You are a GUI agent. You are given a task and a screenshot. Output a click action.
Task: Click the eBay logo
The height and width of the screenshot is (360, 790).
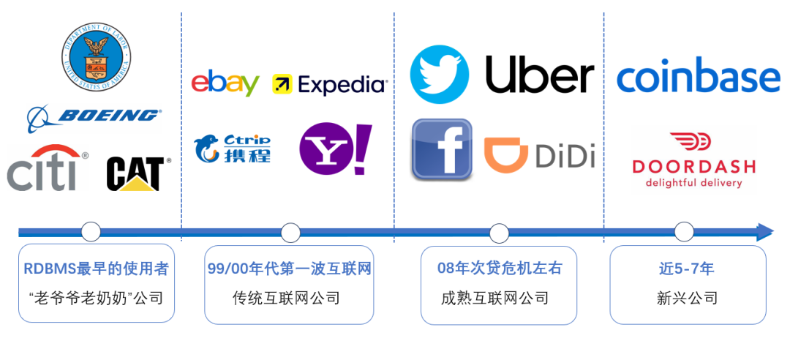pyautogui.click(x=225, y=83)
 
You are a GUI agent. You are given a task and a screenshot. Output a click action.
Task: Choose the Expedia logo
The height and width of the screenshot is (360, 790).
pyautogui.click(x=330, y=85)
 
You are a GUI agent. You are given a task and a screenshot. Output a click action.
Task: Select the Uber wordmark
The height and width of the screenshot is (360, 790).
pyautogui.click(x=540, y=75)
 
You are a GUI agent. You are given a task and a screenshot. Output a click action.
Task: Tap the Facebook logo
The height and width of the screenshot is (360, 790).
pyautogui.click(x=441, y=149)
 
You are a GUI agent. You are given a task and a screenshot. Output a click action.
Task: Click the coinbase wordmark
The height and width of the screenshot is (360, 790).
pyautogui.click(x=699, y=76)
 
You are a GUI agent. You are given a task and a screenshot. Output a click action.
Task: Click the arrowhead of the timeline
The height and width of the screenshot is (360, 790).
pyautogui.click(x=765, y=233)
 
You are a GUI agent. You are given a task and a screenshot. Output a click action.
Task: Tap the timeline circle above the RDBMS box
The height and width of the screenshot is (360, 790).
pyautogui.click(x=91, y=233)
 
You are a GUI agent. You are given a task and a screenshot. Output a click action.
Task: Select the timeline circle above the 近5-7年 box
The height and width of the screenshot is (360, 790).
pyautogui.click(x=684, y=233)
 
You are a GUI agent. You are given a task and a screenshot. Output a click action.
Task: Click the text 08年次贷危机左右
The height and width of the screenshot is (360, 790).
pyautogui.click(x=500, y=269)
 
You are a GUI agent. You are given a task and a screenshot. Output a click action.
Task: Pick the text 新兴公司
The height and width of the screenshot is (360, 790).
pyautogui.click(x=687, y=298)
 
